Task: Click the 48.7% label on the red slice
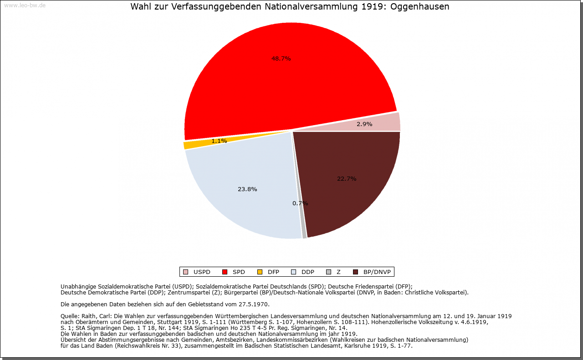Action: point(281,59)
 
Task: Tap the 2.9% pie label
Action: point(364,124)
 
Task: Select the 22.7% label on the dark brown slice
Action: point(347,179)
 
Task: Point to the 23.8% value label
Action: point(247,189)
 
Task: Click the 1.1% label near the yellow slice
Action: point(219,141)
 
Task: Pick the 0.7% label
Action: point(300,203)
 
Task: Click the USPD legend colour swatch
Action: point(185,272)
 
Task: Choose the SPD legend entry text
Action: point(239,272)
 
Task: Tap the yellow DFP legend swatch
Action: point(260,272)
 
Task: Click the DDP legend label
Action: point(308,272)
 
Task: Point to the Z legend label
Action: point(338,272)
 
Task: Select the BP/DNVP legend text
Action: point(377,272)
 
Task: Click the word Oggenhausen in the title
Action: point(419,6)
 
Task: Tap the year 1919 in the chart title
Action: point(372,6)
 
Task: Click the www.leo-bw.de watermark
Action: point(25,5)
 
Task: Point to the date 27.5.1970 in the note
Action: point(254,304)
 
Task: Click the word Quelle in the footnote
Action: point(70,316)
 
